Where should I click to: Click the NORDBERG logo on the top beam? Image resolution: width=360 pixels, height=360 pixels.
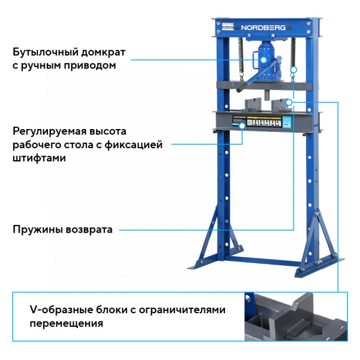point(265,27)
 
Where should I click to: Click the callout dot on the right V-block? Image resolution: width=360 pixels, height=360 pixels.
point(289,103)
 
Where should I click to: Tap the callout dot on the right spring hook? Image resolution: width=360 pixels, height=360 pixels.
point(293,71)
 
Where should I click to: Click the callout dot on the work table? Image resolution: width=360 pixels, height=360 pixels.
point(242,126)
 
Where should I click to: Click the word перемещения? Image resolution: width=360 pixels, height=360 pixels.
point(66,323)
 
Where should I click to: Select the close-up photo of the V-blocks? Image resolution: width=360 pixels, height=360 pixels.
point(295,317)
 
